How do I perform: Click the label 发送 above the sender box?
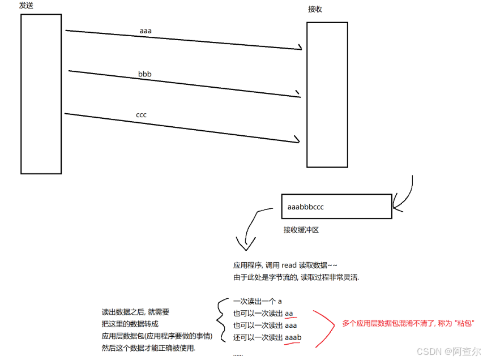(27, 5)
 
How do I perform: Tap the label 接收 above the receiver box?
(315, 9)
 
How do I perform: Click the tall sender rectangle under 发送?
(41, 94)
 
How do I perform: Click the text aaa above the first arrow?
(146, 30)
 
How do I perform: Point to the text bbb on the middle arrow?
(144, 74)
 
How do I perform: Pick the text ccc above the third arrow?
(141, 115)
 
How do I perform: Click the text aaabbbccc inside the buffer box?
(306, 207)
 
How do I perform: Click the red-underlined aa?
(289, 313)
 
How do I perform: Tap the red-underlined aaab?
(293, 337)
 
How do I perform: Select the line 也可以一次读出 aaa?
(265, 325)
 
